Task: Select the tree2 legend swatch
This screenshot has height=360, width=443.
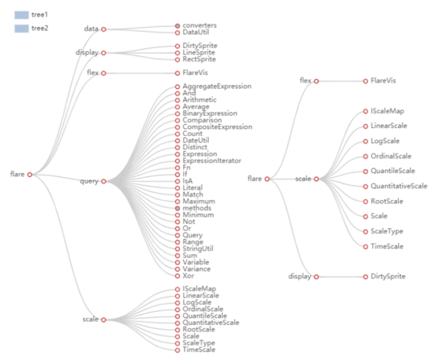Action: (22, 28)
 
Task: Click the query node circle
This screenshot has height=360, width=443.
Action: (104, 181)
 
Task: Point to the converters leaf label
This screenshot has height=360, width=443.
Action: (199, 25)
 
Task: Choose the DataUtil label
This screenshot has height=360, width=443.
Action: (196, 32)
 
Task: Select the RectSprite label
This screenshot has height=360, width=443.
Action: (198, 59)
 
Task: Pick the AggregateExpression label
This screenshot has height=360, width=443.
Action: (216, 87)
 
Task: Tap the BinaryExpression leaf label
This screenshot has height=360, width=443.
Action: (210, 113)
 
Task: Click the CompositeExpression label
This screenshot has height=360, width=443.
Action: (217, 127)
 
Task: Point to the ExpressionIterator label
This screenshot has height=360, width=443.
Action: (212, 161)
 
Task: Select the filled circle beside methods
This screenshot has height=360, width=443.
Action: (177, 208)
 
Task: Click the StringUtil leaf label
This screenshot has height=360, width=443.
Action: (198, 248)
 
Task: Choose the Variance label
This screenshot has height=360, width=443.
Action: (196, 269)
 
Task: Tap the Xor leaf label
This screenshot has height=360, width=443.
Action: (188, 276)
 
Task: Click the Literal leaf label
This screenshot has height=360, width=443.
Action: (193, 188)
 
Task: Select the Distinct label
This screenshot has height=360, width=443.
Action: (195, 147)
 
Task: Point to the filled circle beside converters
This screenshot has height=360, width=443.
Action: (177, 26)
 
